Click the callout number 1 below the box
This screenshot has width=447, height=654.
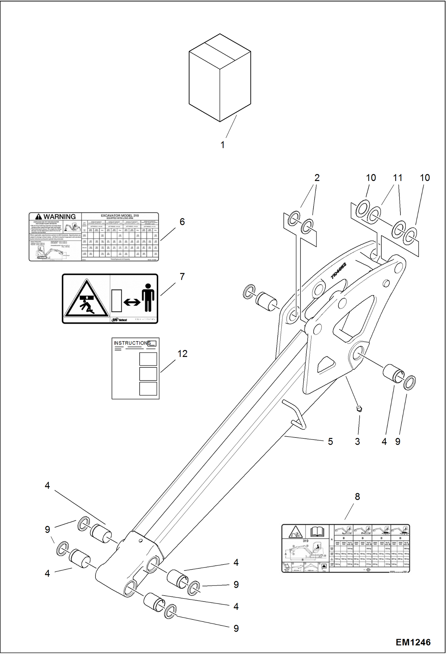pos(222,145)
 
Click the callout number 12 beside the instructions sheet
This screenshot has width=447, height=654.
pos(182,354)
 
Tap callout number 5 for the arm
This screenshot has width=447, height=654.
pos(330,442)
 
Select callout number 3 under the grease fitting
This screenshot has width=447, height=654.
pos(357,442)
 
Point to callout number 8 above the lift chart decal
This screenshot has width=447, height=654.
pos(357,497)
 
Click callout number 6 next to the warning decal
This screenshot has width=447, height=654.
pos(182,222)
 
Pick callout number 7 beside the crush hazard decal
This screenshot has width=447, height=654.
pos(182,277)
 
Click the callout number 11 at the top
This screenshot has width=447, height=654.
pos(397,178)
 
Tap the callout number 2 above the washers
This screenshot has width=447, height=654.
pos(317,178)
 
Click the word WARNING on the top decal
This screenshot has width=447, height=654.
pos(59,217)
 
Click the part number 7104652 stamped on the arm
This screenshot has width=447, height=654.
pos(339,271)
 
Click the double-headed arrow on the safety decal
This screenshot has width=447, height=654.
pos(132,302)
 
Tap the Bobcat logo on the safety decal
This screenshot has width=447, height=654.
pos(119,320)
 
